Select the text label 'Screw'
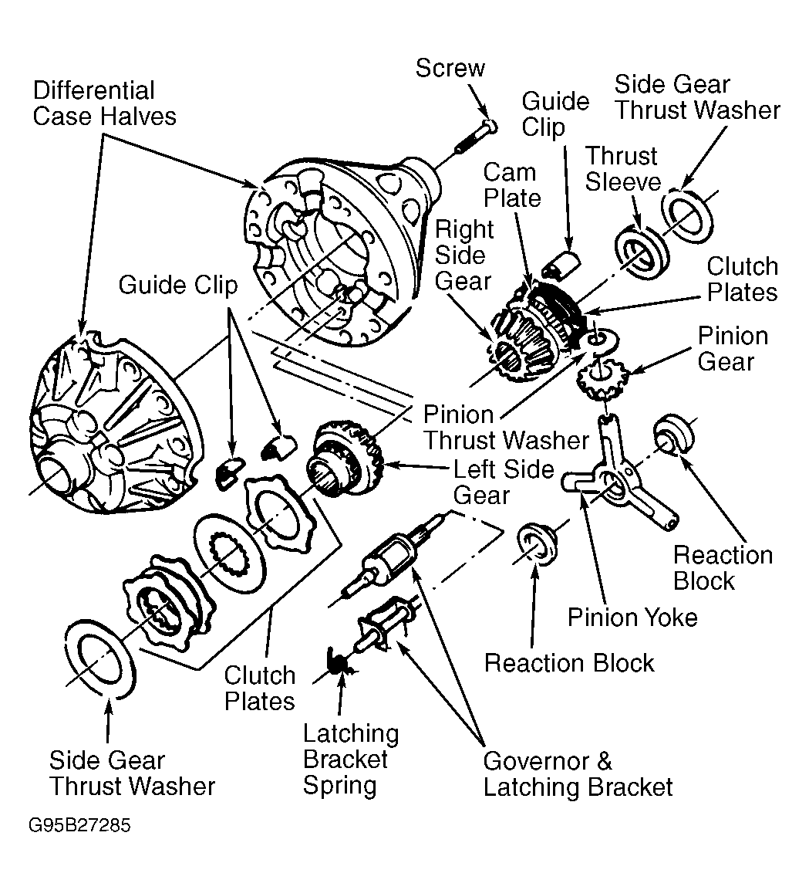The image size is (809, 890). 450,68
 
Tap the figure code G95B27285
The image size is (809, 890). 79,826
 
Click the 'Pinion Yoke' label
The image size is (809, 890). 632,617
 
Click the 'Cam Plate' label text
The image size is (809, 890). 511,185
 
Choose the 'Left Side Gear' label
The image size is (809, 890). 503,482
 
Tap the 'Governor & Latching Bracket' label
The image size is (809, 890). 578,774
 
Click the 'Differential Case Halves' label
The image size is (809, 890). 104,103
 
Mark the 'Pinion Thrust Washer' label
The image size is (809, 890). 506,427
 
